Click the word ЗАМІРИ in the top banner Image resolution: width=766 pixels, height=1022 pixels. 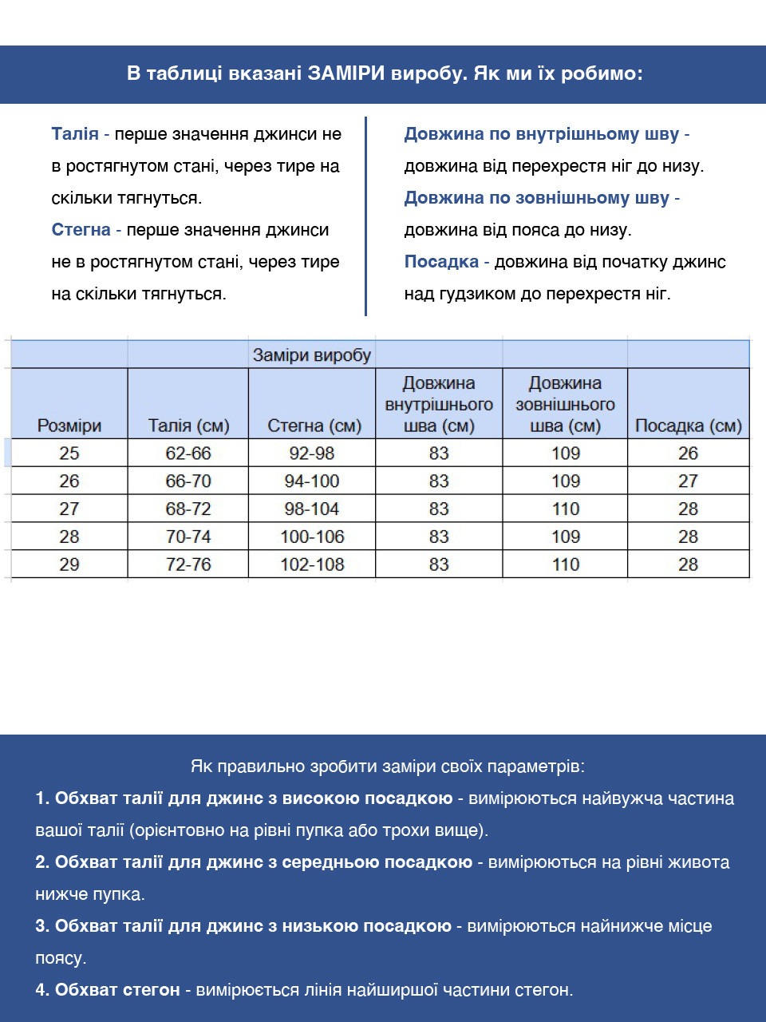(347, 73)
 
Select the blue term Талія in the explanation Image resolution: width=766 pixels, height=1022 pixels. (75, 134)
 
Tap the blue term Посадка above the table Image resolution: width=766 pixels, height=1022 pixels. (441, 262)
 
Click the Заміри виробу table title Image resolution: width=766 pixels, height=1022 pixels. (312, 355)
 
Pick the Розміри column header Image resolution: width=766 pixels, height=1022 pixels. (69, 426)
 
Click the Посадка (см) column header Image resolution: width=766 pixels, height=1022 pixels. (688, 426)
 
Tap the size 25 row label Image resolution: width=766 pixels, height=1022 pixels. (69, 454)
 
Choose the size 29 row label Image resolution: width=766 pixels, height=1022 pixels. (69, 564)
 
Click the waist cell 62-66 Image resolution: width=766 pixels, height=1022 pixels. (188, 454)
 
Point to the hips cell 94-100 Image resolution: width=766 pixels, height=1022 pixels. (312, 481)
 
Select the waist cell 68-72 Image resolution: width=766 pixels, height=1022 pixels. (188, 509)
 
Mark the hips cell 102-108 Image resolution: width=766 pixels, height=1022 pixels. (312, 564)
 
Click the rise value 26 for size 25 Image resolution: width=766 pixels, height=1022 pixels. (688, 454)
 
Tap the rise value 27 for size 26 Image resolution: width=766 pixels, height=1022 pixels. (688, 481)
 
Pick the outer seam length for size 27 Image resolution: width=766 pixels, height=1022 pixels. (566, 509)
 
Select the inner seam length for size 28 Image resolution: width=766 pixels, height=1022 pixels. (439, 537)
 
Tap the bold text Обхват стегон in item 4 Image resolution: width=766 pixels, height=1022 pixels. (117, 990)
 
